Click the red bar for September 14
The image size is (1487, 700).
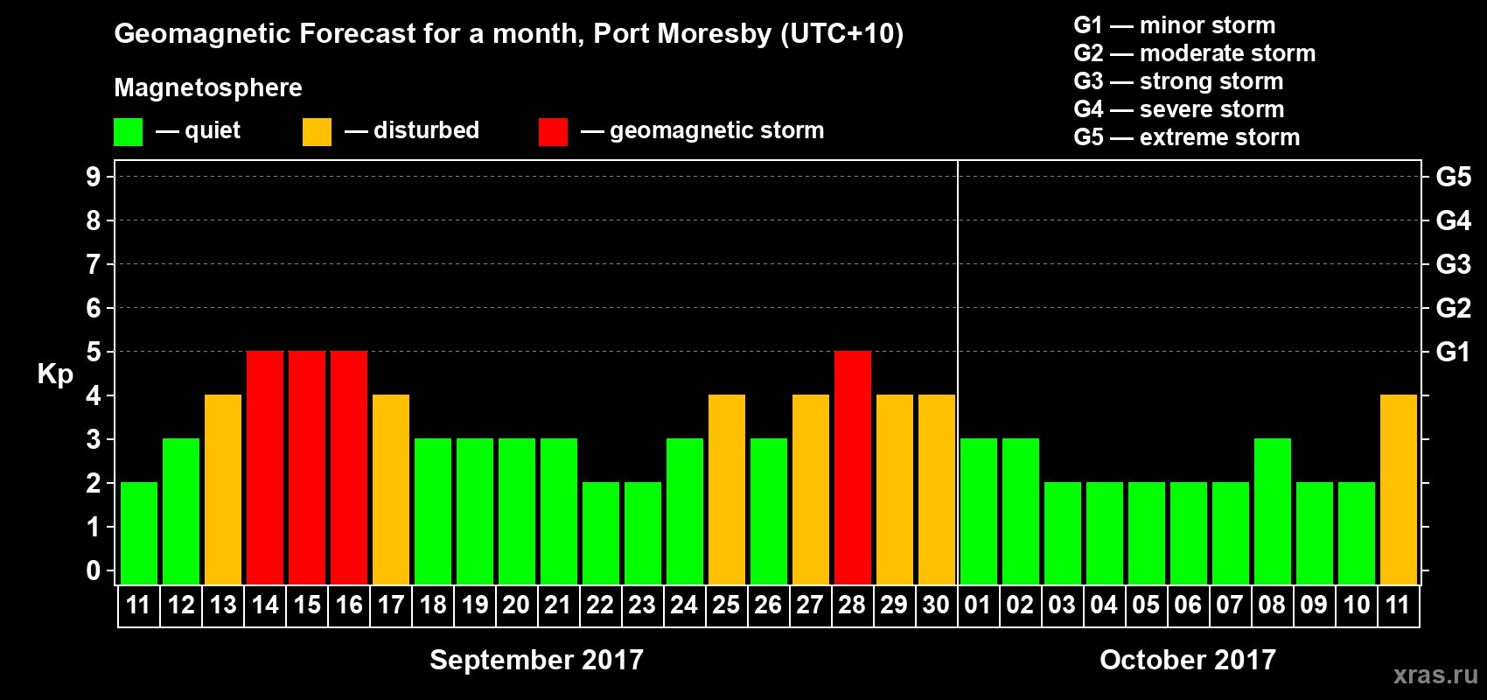point(265,467)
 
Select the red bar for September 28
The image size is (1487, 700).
point(853,467)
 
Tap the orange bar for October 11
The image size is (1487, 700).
point(1399,489)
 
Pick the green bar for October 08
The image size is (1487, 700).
point(1273,511)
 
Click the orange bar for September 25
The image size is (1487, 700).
point(727,489)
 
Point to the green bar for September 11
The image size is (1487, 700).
point(139,533)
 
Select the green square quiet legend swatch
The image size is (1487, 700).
point(129,132)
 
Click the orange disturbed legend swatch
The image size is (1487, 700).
point(317,132)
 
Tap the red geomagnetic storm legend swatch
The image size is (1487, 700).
point(553,132)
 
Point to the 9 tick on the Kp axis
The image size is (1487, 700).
point(94,177)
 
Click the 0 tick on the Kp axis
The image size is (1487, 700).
point(94,571)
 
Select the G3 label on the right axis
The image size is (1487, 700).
point(1453,264)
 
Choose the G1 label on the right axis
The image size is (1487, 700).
point(1453,352)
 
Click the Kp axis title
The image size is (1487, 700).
point(55,374)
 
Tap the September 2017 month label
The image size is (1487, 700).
point(536,660)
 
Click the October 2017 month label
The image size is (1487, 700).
point(1188,660)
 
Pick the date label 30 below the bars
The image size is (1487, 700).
point(936,605)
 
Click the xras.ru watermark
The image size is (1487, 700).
point(1435,675)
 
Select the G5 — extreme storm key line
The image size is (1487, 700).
point(1187,137)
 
